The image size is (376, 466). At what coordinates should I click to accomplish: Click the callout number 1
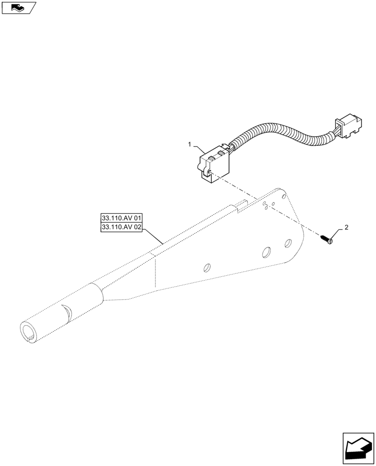[190, 145]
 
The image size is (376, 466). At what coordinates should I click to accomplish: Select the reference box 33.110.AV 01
[122, 218]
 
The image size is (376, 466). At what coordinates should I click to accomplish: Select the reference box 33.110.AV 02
[122, 227]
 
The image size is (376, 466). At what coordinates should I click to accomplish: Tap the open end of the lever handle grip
[27, 332]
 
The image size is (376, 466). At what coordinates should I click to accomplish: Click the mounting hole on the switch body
[211, 173]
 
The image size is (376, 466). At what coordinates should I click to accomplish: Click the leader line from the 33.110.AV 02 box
[154, 235]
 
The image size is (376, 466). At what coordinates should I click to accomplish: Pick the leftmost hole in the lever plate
[205, 267]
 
